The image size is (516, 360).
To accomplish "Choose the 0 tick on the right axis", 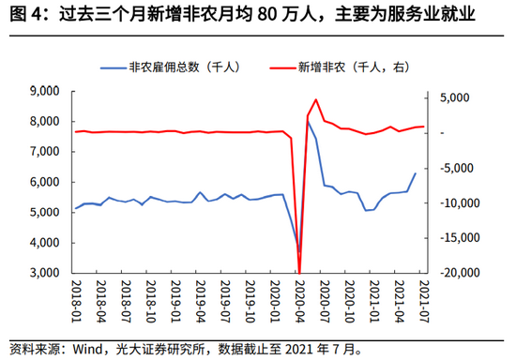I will tap(440, 133).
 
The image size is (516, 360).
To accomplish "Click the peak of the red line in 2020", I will tap(316, 99).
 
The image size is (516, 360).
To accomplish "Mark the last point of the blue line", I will tap(416, 172).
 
